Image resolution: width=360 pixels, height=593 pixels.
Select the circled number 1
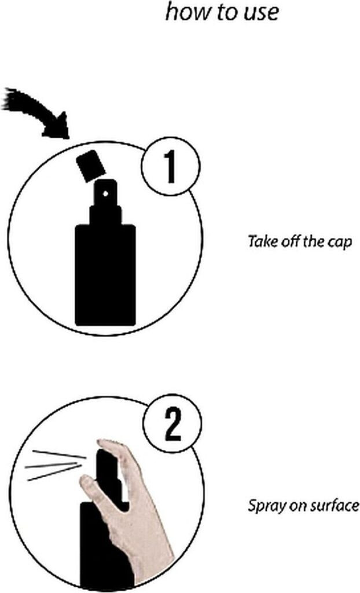pos(171,166)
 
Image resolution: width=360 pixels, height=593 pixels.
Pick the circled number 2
pos(173,424)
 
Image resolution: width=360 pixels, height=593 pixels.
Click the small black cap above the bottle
pos(91,166)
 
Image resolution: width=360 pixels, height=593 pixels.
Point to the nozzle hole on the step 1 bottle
pos(105,193)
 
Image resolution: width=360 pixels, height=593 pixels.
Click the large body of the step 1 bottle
pos(105,275)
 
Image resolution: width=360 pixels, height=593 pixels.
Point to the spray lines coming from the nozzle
pos(55,465)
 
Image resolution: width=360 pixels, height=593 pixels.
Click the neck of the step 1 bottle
pos(105,215)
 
